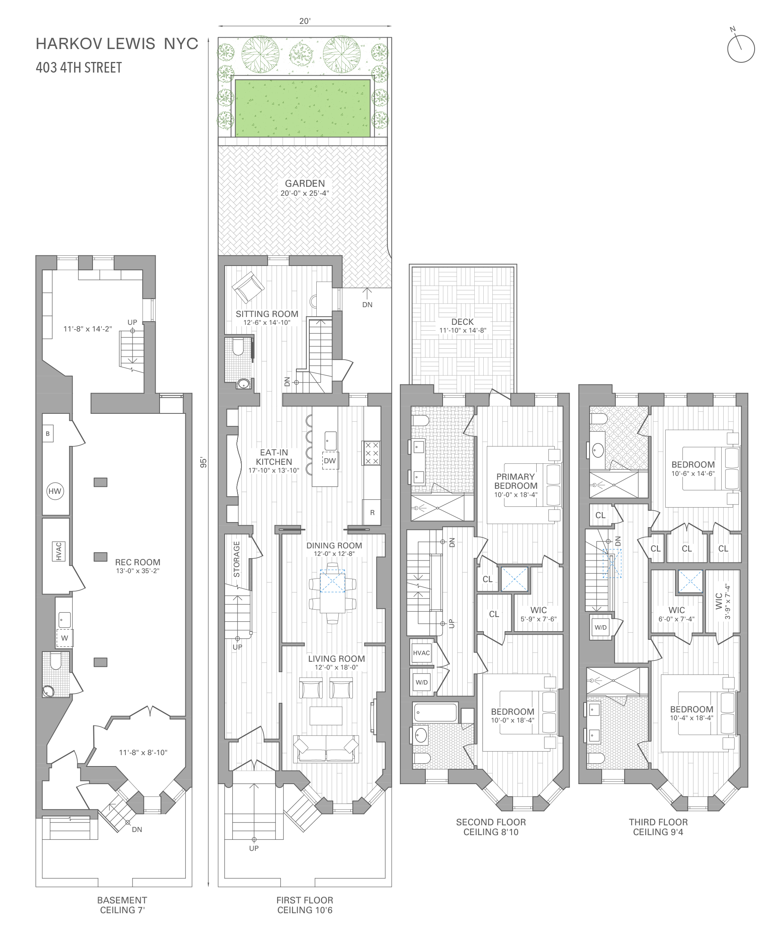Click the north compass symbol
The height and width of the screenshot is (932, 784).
pos(740,48)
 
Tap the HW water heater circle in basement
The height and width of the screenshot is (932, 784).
pos(55,491)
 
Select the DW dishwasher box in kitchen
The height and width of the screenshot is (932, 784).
pos(330,461)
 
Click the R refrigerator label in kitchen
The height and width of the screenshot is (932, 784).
pos(372,512)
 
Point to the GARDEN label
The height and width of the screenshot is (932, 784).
pos(305,183)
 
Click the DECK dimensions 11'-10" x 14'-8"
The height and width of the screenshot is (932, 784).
pos(462,330)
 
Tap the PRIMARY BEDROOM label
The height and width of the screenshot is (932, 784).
pos(515,481)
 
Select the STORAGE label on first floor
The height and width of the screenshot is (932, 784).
pos(236,559)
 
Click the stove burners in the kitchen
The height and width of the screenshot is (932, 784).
pos(372,453)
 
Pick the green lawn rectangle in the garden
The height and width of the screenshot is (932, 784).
pos(302,108)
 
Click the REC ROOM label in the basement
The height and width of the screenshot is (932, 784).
pos(137,562)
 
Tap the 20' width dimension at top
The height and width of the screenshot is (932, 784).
pos(305,21)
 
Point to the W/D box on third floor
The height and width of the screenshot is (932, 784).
pos(601,627)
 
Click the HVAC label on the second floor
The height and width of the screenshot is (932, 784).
pos(421,653)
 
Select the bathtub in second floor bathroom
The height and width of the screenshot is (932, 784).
pos(435,712)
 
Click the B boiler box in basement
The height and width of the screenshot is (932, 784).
pos(47,433)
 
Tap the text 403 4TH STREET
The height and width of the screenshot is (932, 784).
pos(79,67)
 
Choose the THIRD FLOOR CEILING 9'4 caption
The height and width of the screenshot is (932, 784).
pos(658,827)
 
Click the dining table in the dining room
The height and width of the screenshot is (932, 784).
pos(332,593)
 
